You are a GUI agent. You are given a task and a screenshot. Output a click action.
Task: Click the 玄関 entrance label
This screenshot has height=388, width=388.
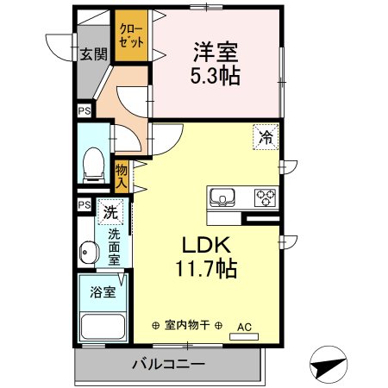pyautogui.click(x=94, y=54)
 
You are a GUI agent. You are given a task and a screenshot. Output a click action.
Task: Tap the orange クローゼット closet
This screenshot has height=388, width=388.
pyautogui.click(x=132, y=37)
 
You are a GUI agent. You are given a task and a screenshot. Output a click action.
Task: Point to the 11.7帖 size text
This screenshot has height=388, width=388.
pyautogui.click(x=209, y=268)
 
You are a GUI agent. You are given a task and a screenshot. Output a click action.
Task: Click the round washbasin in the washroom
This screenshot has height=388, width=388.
pyautogui.click(x=86, y=253)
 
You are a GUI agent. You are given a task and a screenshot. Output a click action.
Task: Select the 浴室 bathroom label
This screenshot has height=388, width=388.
pyautogui.click(x=102, y=292)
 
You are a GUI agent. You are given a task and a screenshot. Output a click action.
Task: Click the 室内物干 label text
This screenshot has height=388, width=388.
pyautogui.click(x=187, y=326)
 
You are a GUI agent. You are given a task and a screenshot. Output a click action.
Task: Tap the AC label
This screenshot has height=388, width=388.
pyautogui.click(x=244, y=326)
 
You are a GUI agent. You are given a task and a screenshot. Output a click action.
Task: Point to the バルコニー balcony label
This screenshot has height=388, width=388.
pyautogui.click(x=168, y=364)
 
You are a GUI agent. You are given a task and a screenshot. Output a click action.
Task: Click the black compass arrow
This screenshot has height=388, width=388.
pyautogui.click(x=328, y=365)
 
